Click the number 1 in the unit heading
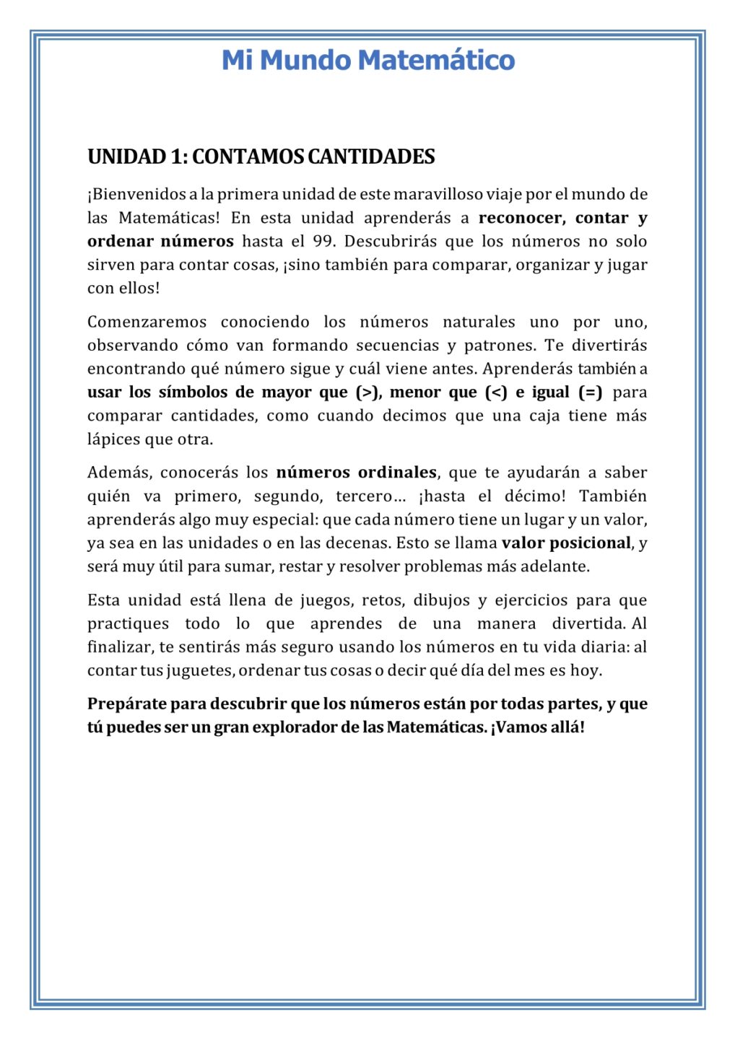[x=175, y=157]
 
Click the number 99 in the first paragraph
[x=323, y=241]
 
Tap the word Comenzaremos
[x=147, y=322]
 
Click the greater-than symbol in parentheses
[x=367, y=393]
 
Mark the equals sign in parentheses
[x=590, y=393]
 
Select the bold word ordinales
[x=397, y=473]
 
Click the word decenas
[x=362, y=543]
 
